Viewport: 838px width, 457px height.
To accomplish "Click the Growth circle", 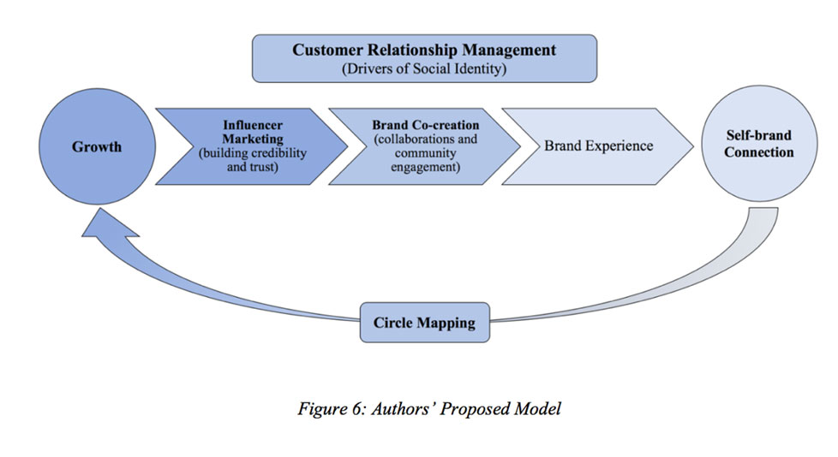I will point(96,146).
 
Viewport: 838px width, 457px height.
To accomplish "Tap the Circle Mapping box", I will point(424,323).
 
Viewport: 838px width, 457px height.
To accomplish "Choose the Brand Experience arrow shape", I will point(598,145).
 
